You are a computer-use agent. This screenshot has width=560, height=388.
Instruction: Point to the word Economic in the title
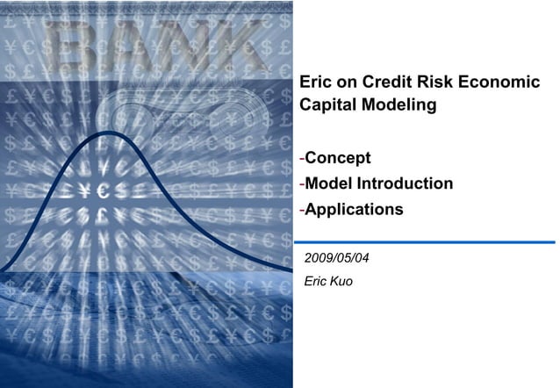click(x=503, y=83)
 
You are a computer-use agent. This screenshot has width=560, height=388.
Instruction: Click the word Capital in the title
click(x=328, y=106)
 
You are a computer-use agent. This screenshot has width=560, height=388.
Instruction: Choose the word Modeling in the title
click(x=398, y=106)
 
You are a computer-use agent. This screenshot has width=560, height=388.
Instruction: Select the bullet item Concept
click(x=338, y=158)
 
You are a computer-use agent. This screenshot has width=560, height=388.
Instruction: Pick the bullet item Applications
click(x=354, y=211)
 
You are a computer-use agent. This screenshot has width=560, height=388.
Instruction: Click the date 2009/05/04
click(x=336, y=259)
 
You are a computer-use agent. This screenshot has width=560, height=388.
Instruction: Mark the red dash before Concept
click(x=302, y=159)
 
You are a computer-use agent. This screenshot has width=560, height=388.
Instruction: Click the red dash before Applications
click(x=302, y=211)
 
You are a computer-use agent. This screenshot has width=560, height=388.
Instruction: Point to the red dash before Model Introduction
click(x=302, y=184)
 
